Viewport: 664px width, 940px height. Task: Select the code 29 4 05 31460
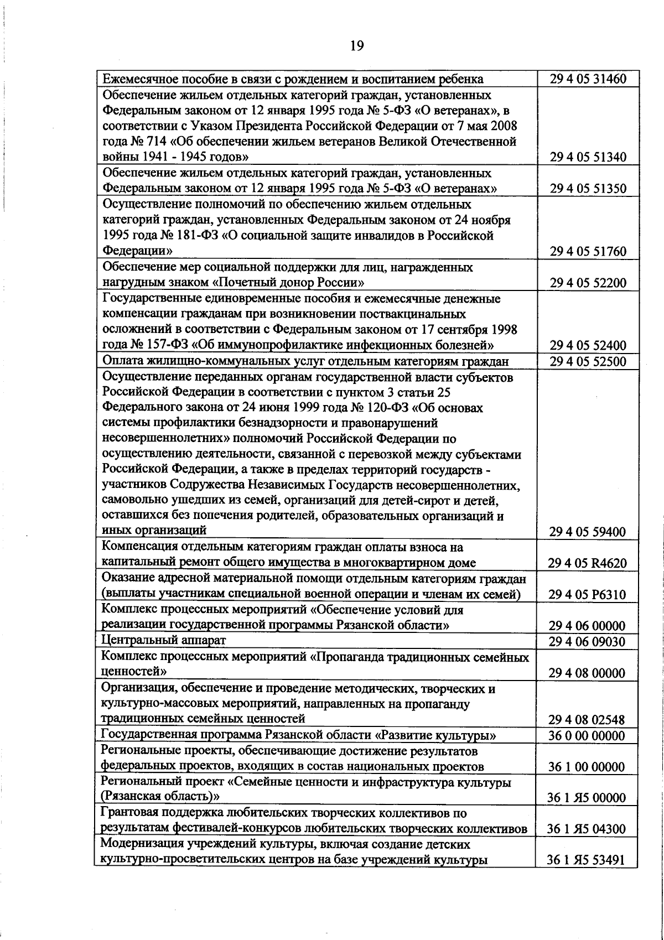[588, 79]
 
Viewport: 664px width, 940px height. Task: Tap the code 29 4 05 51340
[588, 157]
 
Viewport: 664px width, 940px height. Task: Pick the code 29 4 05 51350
[588, 189]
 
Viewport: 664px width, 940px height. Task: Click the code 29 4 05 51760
[588, 252]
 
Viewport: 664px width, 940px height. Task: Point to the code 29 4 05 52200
[588, 283]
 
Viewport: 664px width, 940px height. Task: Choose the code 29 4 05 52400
[588, 346]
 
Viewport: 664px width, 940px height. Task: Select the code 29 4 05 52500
[588, 362]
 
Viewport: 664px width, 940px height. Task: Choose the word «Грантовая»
[129, 814]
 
